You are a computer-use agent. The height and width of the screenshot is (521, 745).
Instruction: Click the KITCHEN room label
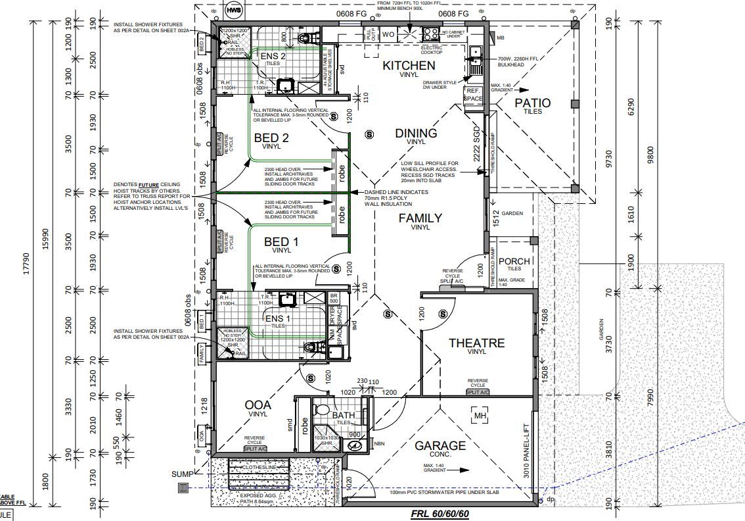click(409, 65)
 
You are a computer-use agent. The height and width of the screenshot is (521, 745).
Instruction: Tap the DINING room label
click(416, 134)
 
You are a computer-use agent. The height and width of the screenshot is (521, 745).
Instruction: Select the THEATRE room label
click(476, 343)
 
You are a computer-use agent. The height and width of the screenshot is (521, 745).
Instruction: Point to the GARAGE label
click(440, 445)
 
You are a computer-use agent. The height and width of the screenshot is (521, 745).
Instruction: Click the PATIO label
click(532, 103)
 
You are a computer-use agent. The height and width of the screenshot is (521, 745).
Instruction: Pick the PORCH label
click(514, 261)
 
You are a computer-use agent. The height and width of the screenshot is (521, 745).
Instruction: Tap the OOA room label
click(258, 404)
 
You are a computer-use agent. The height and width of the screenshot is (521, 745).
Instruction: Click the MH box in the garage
click(480, 415)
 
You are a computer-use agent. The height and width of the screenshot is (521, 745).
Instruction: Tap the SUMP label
click(182, 474)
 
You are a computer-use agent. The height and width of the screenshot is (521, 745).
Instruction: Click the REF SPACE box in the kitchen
click(473, 94)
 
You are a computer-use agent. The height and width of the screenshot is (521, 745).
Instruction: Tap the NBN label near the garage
click(378, 443)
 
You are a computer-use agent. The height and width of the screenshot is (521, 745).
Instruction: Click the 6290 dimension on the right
click(632, 103)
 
